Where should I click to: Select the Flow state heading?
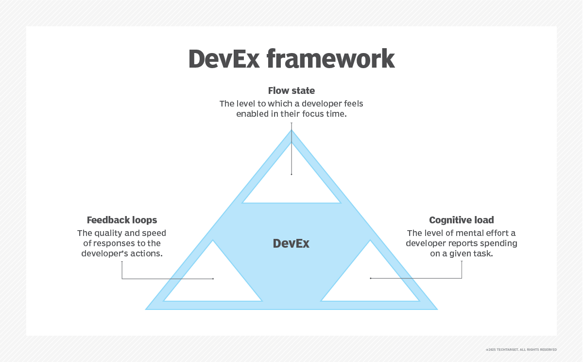(x=291, y=90)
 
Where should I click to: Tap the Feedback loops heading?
(x=122, y=220)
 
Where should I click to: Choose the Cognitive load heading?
(x=462, y=220)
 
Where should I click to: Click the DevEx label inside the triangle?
(x=291, y=244)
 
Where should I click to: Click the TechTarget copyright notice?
(x=521, y=349)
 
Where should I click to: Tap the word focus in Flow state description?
(x=309, y=114)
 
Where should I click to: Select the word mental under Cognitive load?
(x=463, y=233)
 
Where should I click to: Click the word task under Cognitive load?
(x=483, y=253)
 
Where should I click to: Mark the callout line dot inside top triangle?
(x=291, y=174)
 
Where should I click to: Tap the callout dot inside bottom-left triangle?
(x=213, y=279)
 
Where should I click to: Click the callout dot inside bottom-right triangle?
(x=370, y=278)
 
